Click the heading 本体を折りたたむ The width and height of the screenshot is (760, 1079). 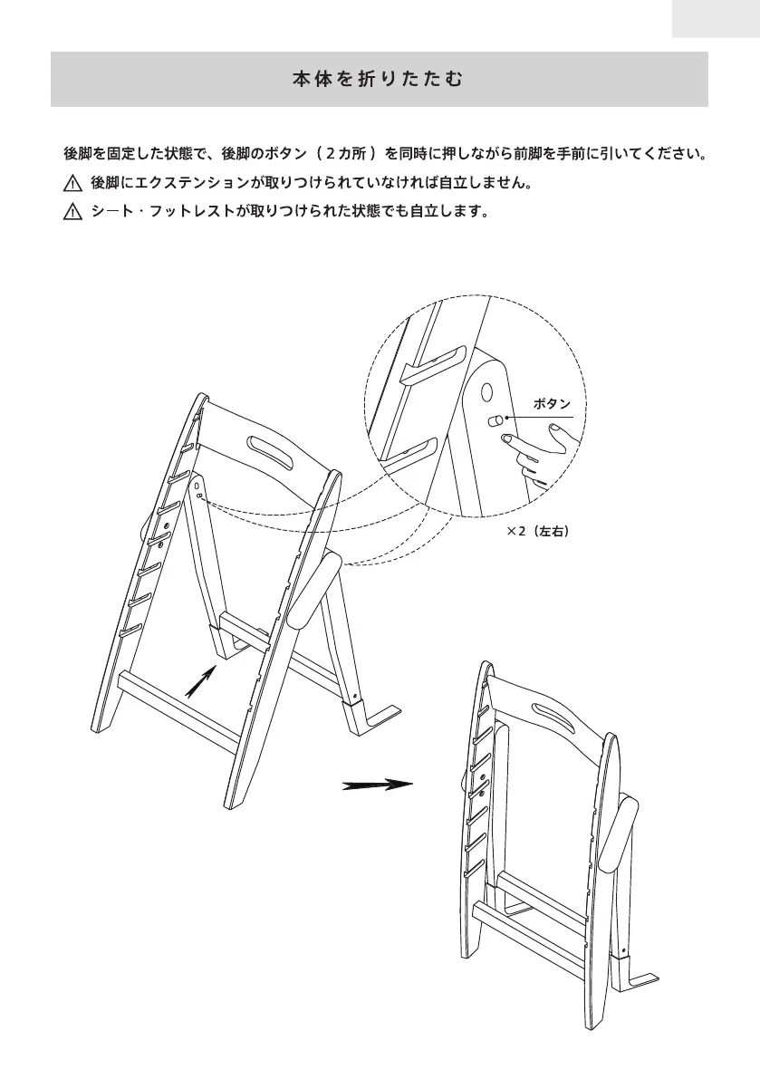tap(379, 80)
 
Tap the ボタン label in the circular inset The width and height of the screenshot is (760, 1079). tap(553, 404)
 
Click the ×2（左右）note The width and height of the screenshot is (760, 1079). tap(537, 533)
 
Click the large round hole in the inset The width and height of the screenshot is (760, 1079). tap(486, 392)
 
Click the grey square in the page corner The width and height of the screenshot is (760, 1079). tap(715, 18)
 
